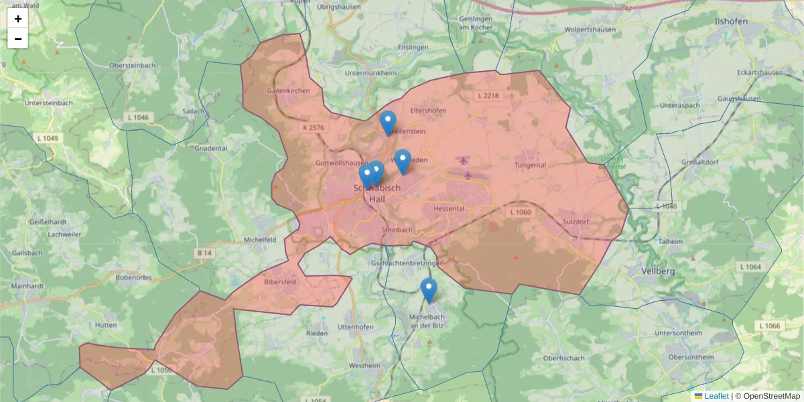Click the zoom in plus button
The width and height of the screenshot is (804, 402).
[18, 19]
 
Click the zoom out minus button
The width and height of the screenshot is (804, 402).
[18, 39]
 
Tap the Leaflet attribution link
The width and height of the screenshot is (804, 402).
[716, 396]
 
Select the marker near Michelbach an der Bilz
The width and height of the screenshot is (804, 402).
[429, 289]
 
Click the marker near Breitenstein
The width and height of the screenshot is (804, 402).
[388, 122]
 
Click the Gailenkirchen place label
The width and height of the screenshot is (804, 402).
[288, 90]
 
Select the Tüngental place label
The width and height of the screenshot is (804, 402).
[530, 165]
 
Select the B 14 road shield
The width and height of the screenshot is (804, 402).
[204, 253]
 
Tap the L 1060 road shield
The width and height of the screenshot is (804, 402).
[520, 212]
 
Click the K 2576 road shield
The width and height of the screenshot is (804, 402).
[313, 127]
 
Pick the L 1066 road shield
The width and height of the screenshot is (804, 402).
[770, 326]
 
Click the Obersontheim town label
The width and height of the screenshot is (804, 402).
[691, 357]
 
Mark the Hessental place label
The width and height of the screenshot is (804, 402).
[449, 208]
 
